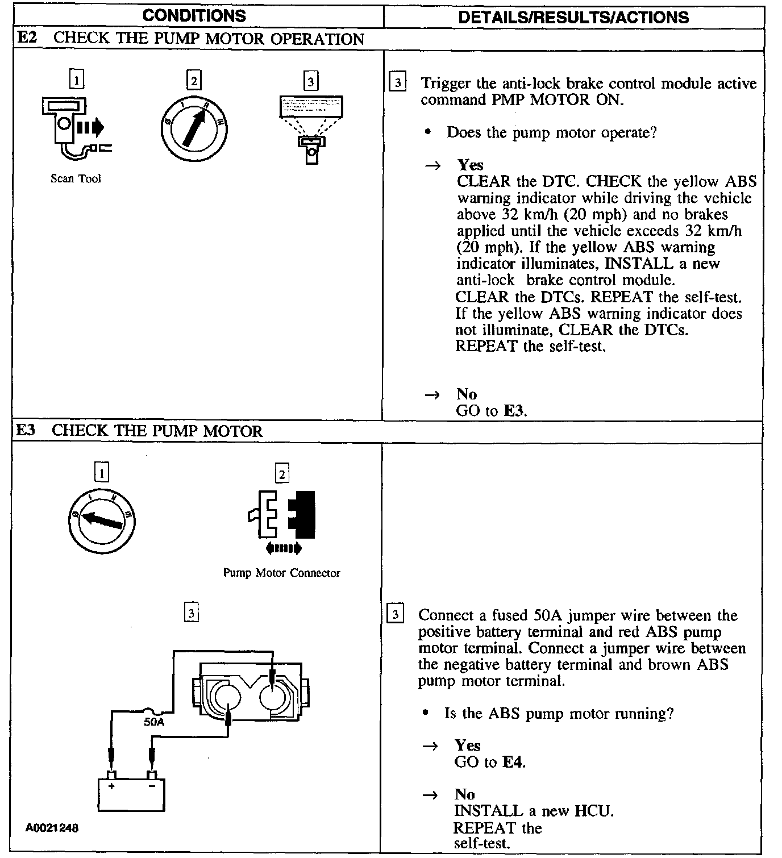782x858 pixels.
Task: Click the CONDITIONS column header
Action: tap(194, 16)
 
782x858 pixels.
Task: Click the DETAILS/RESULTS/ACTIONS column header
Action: tap(573, 17)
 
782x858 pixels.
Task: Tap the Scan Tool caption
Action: tap(76, 178)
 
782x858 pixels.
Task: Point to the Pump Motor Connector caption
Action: tap(281, 573)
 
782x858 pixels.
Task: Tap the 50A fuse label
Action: tap(153, 722)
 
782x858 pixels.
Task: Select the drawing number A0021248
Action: tap(52, 828)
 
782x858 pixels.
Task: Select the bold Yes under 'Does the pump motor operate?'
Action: tap(470, 165)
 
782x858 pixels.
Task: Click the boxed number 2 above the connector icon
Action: tap(281, 473)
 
